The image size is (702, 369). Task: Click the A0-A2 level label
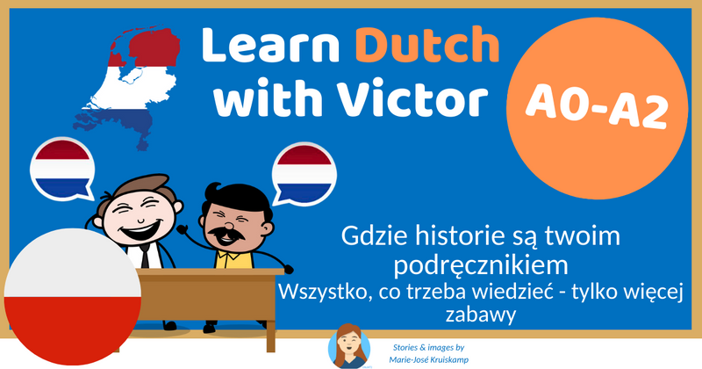pyautogui.click(x=594, y=108)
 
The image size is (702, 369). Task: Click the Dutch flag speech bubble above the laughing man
pyautogui.click(x=62, y=167)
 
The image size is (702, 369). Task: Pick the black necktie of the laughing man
pyautogui.click(x=143, y=255)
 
